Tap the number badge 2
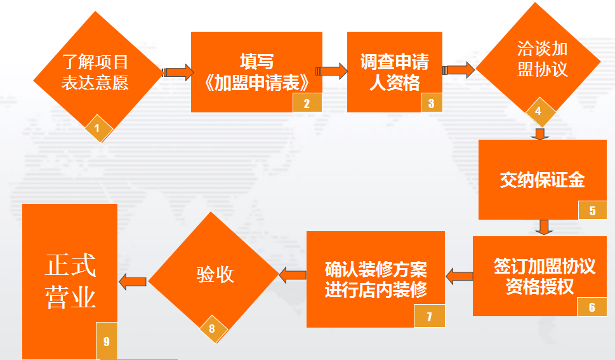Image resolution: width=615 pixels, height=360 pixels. [x=307, y=103]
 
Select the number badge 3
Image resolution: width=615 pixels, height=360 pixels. [x=432, y=103]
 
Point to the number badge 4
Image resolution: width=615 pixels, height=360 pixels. [x=539, y=111]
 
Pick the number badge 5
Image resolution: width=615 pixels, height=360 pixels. [x=593, y=210]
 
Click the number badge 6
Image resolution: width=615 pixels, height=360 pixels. [x=592, y=307]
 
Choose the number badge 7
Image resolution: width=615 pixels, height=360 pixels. [x=430, y=316]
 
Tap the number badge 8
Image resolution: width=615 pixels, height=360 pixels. [x=212, y=328]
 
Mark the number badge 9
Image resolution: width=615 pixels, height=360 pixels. [x=106, y=341]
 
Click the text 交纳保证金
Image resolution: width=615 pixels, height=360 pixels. [x=543, y=180]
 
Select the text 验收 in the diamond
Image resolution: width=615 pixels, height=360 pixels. [x=215, y=274]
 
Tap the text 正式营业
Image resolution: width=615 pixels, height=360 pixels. [x=70, y=282]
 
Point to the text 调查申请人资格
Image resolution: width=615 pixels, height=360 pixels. [x=395, y=72]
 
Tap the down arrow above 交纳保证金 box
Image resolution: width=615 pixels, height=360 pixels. [x=541, y=134]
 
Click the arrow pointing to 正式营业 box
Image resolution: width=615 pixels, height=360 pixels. [x=133, y=280]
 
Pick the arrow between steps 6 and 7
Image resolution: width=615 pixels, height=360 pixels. [x=459, y=276]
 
